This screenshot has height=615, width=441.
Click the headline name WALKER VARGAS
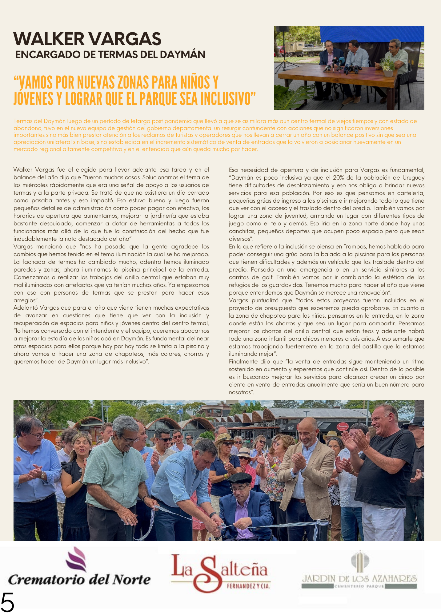pos(87,39)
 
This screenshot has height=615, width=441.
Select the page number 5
pos(7,603)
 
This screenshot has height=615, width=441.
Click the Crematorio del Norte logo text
pos(79,580)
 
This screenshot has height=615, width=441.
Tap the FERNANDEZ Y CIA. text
pos(248,586)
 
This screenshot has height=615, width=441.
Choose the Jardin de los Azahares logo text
pos(359,579)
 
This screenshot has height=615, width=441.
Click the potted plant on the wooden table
pos(388,66)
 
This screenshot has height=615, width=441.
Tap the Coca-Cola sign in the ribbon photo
pos(291,428)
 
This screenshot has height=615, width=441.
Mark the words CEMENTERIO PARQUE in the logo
pos(359,586)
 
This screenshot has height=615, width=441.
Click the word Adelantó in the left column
pos(25,308)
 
